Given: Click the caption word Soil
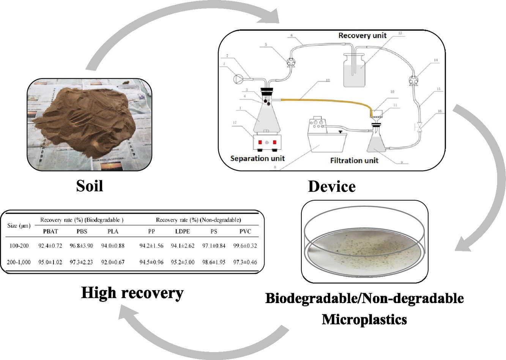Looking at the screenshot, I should click(90, 186).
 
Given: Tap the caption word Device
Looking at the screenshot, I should click(332, 187).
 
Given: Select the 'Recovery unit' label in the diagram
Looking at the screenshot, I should click(362, 36).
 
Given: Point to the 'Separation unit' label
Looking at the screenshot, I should click(257, 159).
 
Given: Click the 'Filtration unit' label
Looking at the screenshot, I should click(354, 160).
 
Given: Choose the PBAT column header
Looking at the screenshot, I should click(50, 231).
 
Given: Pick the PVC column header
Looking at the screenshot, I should click(245, 231).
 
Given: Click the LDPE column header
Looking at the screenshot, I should click(182, 231).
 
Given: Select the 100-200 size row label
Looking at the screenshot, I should click(19, 246).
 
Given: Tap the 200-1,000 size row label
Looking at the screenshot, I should click(19, 262).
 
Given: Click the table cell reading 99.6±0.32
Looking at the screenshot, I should click(245, 246).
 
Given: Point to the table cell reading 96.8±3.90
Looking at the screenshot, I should click(81, 246).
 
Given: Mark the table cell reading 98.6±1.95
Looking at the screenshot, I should click(214, 262).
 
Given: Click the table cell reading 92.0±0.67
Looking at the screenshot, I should click(113, 262).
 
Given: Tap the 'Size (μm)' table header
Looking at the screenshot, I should click(19, 226).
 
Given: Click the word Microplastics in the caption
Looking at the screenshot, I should click(364, 319).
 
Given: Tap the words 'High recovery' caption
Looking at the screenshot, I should click(132, 293).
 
